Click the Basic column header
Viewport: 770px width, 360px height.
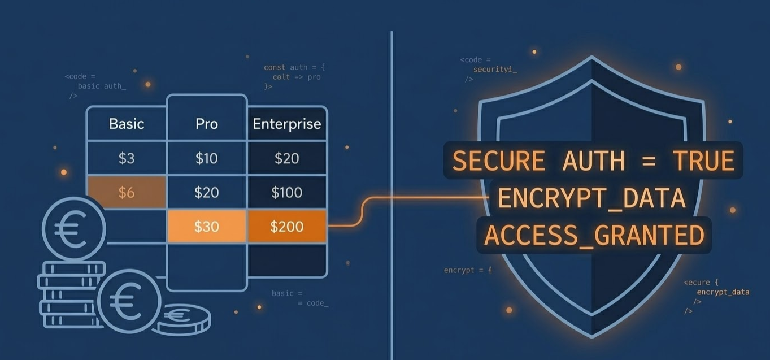(x=127, y=124)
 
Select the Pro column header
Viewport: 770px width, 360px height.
(x=207, y=124)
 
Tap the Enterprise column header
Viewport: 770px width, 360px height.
(x=286, y=124)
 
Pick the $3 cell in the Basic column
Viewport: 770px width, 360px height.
(x=127, y=158)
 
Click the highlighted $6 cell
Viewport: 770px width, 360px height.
(x=127, y=192)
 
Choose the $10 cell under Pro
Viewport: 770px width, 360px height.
(x=207, y=158)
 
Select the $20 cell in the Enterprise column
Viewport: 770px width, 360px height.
(x=286, y=158)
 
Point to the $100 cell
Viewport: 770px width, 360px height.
(x=286, y=192)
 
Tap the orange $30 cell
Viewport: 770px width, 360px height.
(x=207, y=227)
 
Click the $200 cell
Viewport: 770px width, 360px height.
(x=286, y=227)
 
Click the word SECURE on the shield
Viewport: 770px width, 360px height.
(x=499, y=161)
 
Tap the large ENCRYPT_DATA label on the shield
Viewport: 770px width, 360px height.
(x=592, y=198)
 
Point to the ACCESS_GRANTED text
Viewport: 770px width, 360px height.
(x=594, y=235)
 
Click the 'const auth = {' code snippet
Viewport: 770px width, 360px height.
(x=294, y=67)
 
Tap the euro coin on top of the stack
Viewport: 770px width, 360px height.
(x=73, y=229)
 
